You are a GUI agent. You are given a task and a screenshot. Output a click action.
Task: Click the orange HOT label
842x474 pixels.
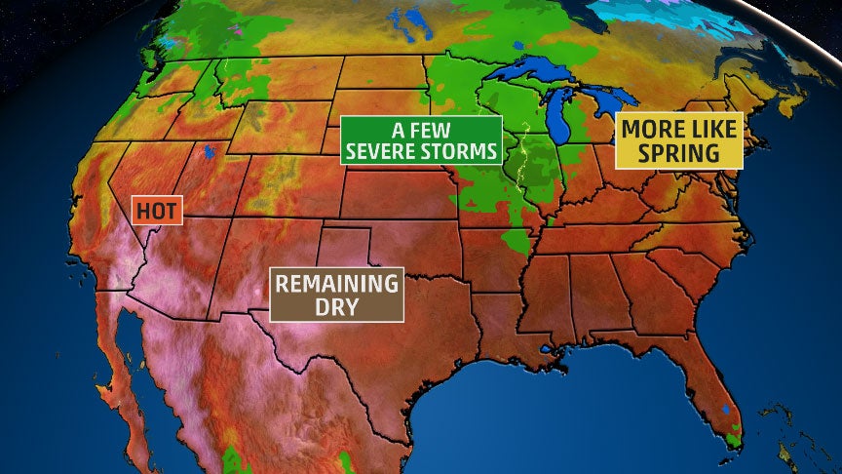(x=156, y=209)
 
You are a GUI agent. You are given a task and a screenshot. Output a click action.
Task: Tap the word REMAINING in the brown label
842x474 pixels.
(x=336, y=285)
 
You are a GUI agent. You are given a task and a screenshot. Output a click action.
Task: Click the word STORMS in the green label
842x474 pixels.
(x=460, y=152)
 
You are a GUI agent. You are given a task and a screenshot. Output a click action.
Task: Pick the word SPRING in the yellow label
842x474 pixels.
(x=679, y=153)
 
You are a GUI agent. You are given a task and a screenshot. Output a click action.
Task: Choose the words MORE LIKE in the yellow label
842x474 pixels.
(x=679, y=129)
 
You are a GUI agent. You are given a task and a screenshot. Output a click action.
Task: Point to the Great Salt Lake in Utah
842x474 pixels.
(x=209, y=152)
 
